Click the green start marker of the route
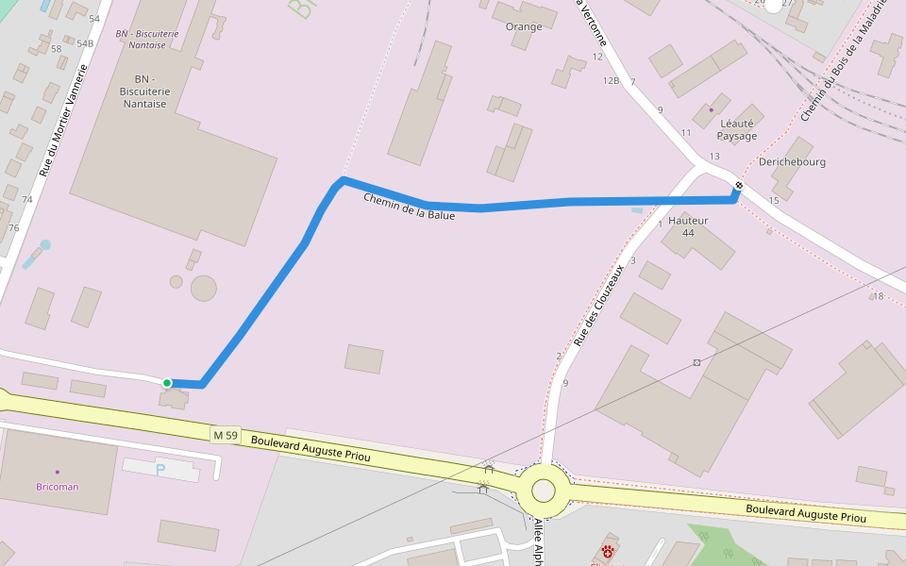pyautogui.click(x=167, y=382)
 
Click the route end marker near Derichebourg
pyautogui.click(x=738, y=186)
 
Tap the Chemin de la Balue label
pyautogui.click(x=409, y=208)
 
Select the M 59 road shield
pyautogui.click(x=226, y=435)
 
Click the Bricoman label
pyautogui.click(x=58, y=487)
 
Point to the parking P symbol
pyautogui.click(x=160, y=468)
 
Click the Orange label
pyautogui.click(x=524, y=26)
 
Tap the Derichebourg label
pyautogui.click(x=792, y=161)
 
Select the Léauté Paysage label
pyautogui.click(x=737, y=129)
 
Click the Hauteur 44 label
pyautogui.click(x=688, y=226)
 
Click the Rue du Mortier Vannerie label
pyautogui.click(x=63, y=121)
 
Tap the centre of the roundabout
pyautogui.click(x=544, y=491)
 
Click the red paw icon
pyautogui.click(x=609, y=550)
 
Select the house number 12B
pyautogui.click(x=611, y=81)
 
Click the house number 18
pyautogui.click(x=878, y=296)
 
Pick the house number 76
pyautogui.click(x=13, y=228)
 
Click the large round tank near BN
pyautogui.click(x=203, y=288)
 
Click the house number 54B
pyautogui.click(x=85, y=43)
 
